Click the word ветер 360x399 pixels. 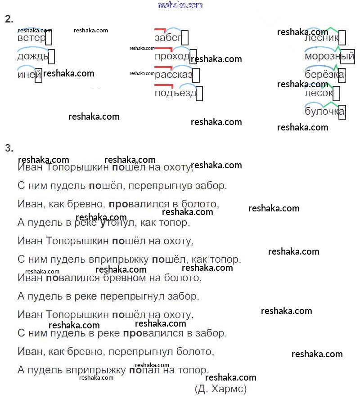(31, 38)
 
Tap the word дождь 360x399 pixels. (32, 57)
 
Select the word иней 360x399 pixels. (26, 75)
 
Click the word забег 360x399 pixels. (167, 38)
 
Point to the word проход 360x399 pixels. (172, 56)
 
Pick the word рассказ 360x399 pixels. (173, 75)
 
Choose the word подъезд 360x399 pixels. (175, 93)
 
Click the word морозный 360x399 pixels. (329, 57)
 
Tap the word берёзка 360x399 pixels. (324, 75)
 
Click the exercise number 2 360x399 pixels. (9, 19)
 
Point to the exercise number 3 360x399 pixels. (9, 148)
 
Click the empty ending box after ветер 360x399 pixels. (49, 38)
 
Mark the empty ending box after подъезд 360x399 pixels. (199, 93)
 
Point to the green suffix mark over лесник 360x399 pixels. (332, 30)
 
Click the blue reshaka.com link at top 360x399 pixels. (180, 5)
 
